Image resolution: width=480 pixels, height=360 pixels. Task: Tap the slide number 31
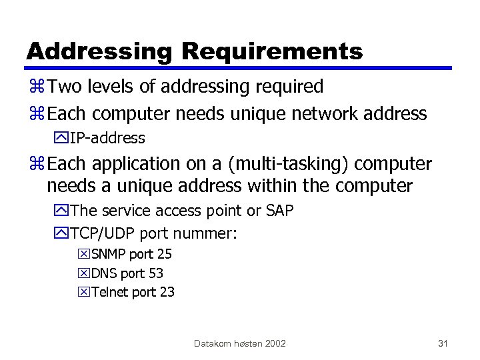pos(443,343)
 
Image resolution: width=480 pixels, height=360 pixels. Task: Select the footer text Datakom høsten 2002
pos(240,343)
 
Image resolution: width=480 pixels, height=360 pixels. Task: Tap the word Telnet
pos(110,292)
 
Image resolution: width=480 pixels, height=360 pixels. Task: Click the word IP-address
pos(107,139)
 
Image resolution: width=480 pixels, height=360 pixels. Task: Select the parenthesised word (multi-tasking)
pos(283,164)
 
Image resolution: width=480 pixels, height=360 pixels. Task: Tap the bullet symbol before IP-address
pos(62,139)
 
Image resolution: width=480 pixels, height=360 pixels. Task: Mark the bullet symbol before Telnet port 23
pos(84,292)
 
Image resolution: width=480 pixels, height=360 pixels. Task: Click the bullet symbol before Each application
pos(39,164)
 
